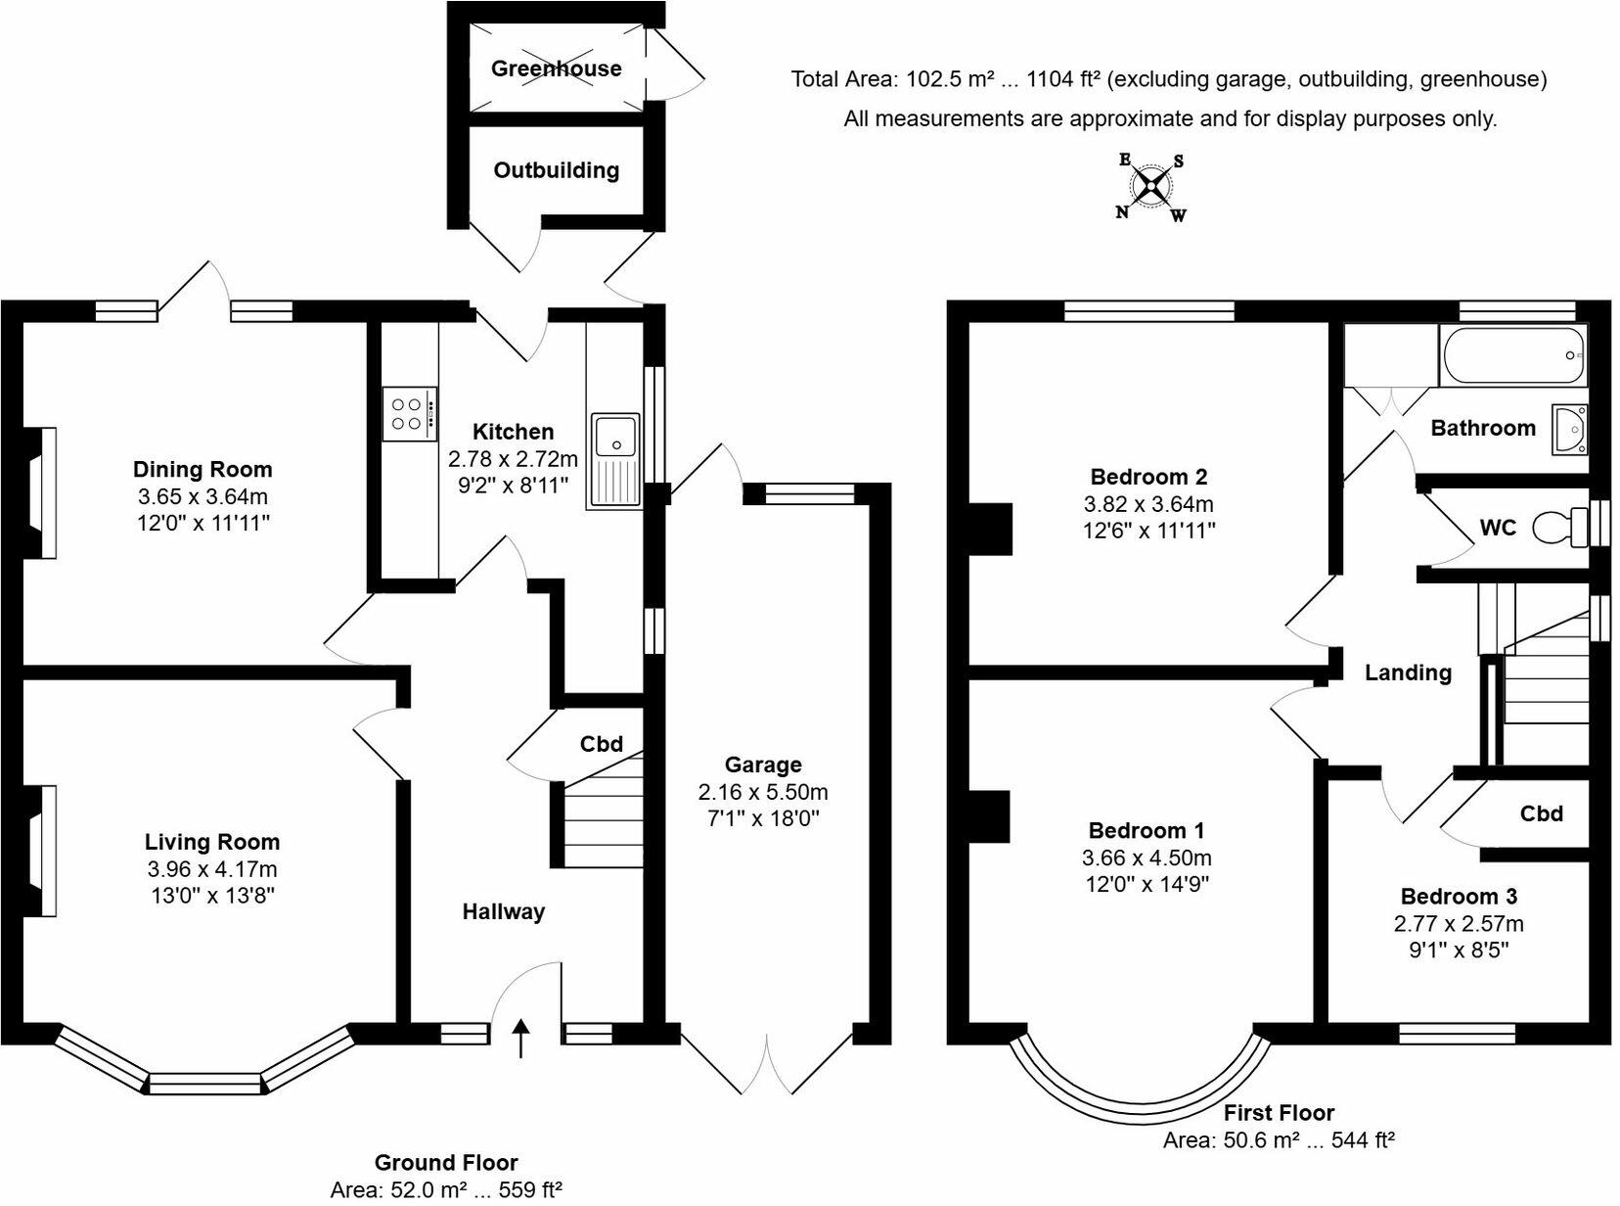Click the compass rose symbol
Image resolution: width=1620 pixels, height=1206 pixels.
1151,186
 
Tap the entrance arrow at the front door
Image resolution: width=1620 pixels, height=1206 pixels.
520,1039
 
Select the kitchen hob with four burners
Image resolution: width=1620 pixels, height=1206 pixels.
407,413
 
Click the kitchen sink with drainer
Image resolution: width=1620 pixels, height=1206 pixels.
614,460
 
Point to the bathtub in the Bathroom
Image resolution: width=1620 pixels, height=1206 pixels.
1512,355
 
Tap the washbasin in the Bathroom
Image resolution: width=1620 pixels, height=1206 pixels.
1569,429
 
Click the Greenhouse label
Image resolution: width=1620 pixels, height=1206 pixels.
556,69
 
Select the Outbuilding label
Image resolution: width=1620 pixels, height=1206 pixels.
556,170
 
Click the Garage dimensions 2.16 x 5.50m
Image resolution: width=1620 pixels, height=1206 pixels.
762,792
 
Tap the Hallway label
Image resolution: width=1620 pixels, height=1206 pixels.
503,912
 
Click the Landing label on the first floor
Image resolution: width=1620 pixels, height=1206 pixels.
1408,673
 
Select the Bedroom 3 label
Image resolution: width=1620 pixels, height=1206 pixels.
1459,897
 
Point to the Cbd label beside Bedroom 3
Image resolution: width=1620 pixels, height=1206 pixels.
1541,813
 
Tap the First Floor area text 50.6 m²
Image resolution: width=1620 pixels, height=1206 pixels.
1278,1140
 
